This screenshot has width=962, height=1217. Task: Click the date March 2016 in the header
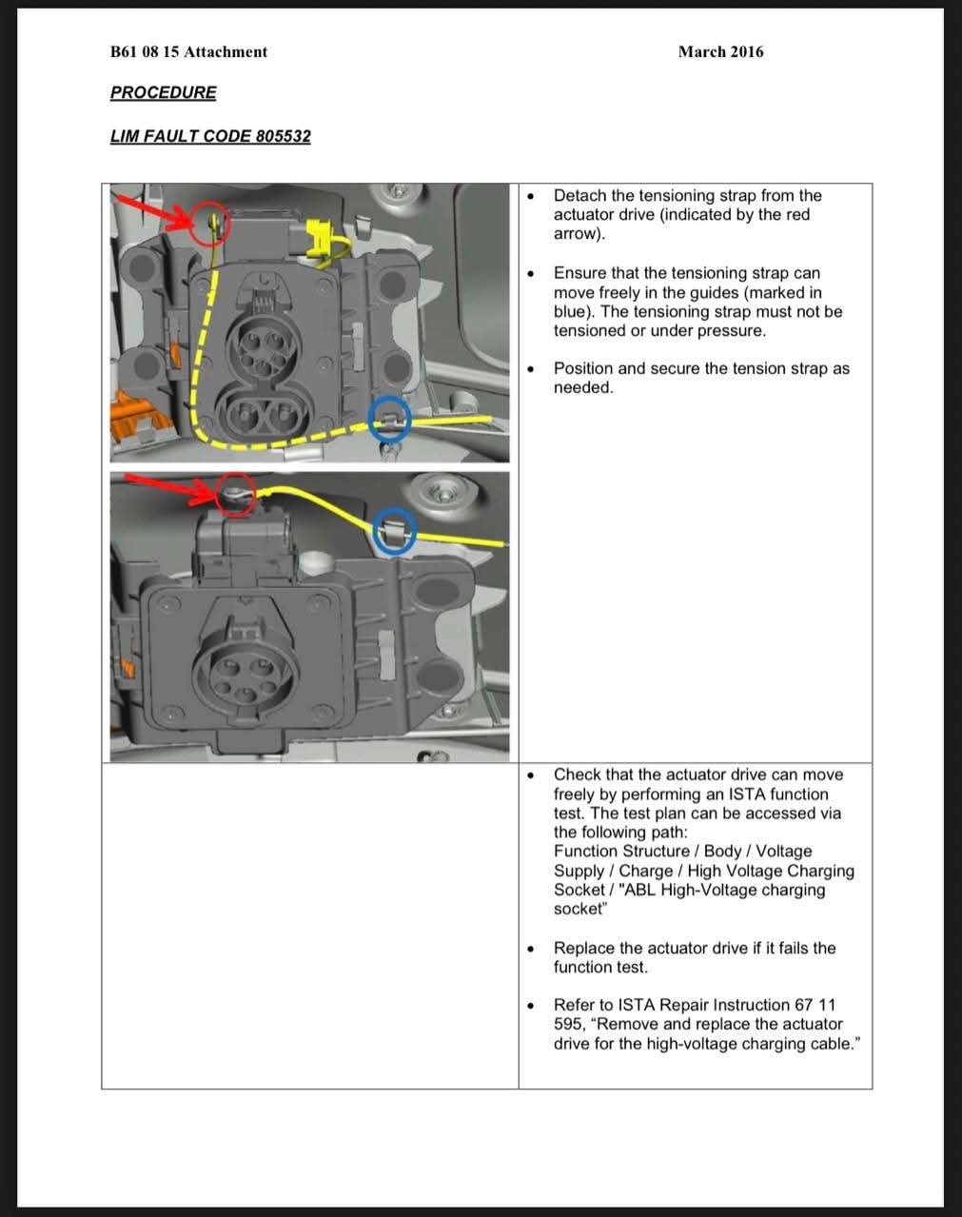(x=720, y=52)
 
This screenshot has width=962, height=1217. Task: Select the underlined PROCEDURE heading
(x=163, y=92)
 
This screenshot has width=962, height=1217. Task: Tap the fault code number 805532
(x=283, y=136)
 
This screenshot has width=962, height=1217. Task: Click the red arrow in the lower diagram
(x=169, y=486)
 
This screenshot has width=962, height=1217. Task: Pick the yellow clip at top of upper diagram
(x=320, y=238)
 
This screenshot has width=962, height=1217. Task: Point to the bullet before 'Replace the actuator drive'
(x=530, y=949)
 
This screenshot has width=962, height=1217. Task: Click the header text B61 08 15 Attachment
(x=189, y=52)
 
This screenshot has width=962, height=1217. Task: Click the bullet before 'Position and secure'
(x=530, y=369)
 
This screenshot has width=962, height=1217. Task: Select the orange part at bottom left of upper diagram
(x=131, y=416)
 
